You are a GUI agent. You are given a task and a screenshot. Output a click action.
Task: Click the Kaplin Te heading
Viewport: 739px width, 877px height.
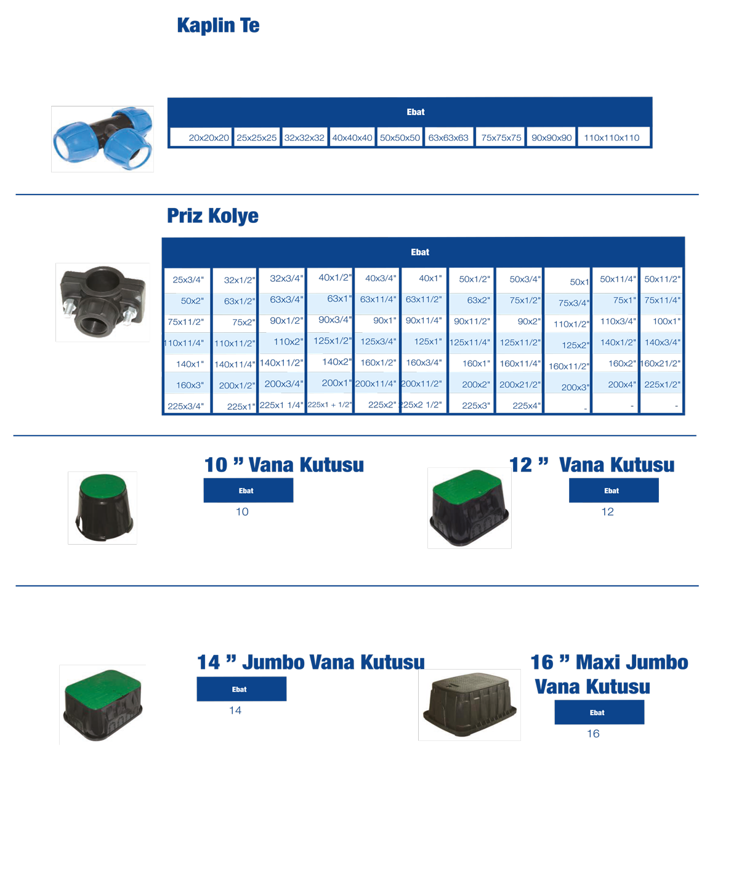218,26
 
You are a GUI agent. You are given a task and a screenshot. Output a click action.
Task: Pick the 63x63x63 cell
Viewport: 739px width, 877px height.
448,138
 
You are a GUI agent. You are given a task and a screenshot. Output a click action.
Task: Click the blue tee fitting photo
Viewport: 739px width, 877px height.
102,138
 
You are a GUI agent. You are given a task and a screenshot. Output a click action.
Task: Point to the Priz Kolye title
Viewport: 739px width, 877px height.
212,216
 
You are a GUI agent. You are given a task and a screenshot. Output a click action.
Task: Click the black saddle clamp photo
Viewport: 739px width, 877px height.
102,302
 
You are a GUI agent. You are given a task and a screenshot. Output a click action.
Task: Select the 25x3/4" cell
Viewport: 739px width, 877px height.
187,280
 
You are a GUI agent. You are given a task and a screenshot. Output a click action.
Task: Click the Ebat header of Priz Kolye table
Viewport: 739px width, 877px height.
420,252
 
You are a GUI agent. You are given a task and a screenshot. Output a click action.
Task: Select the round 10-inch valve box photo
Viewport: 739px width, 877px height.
102,508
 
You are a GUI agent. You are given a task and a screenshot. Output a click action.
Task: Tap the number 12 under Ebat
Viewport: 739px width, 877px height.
607,512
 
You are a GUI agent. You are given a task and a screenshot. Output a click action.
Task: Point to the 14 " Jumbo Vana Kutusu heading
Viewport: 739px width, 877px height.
310,663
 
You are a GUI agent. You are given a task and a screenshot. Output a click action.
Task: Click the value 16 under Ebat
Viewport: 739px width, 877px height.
593,734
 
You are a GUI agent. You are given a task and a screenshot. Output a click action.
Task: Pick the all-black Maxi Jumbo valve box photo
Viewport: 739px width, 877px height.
469,705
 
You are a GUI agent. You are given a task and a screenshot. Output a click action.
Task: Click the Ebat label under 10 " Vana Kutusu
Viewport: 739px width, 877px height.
246,491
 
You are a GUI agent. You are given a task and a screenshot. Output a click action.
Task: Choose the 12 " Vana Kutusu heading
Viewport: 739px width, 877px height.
592,465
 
